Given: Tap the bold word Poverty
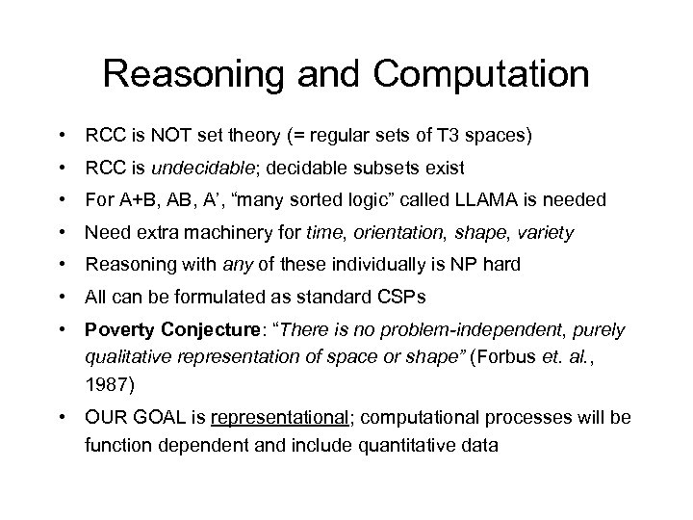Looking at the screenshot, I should pyautogui.click(x=116, y=330).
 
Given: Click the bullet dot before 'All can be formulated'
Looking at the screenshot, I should pyautogui.click(x=63, y=294).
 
